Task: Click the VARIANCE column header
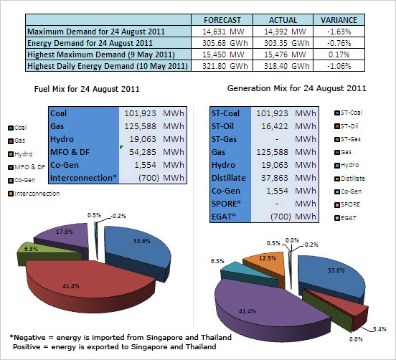[x=339, y=20]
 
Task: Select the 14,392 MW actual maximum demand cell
[x=285, y=32]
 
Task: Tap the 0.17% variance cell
[x=339, y=55]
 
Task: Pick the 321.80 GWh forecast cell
[x=225, y=66]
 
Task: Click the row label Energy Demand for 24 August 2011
[x=90, y=43]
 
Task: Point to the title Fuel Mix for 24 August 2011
[x=87, y=89]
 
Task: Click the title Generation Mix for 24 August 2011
[x=296, y=88]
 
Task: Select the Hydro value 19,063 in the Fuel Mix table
[x=143, y=139]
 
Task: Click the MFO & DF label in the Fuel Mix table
[x=70, y=152]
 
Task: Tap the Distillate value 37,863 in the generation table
[x=275, y=178]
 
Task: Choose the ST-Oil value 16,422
[x=275, y=126]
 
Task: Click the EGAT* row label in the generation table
[x=224, y=217]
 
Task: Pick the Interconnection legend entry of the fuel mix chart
[x=34, y=194]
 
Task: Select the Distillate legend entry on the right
[x=349, y=179]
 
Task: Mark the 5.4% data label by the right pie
[x=379, y=329]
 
